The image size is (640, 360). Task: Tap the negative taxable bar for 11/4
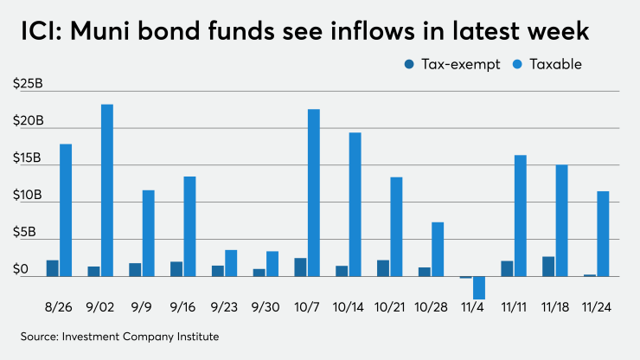478,287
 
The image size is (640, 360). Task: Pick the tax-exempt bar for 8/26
52,268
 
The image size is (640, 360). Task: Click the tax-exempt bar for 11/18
548,267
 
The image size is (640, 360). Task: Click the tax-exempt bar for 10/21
383,268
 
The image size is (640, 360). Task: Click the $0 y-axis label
21,269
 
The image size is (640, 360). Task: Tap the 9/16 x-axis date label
182,308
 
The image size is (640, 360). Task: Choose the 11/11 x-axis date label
513,308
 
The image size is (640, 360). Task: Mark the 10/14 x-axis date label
348,308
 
